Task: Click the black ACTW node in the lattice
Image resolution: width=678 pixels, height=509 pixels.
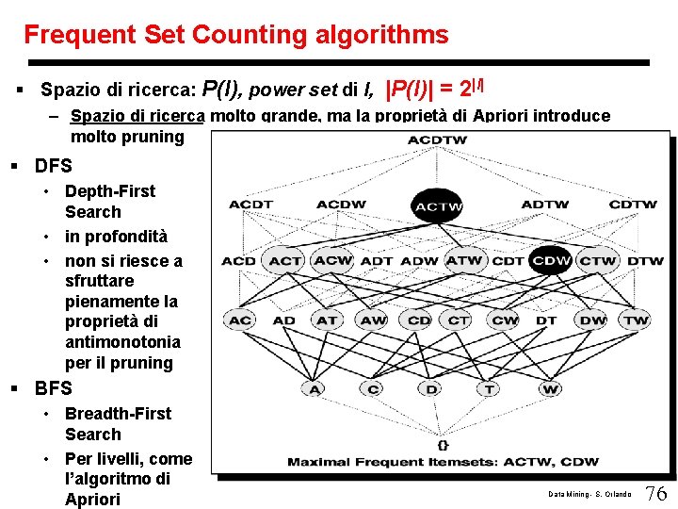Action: (438, 205)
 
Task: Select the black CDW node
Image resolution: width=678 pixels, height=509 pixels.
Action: (552, 260)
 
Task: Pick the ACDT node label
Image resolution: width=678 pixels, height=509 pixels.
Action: (250, 205)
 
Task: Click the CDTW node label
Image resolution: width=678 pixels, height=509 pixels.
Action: (632, 205)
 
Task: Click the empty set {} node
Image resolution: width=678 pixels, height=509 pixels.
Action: (444, 443)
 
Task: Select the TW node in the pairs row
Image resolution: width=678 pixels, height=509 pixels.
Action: (637, 320)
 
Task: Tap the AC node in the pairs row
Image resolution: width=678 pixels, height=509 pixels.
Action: (240, 320)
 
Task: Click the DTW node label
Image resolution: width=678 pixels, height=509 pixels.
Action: (645, 260)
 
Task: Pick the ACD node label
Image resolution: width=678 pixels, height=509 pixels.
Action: (239, 260)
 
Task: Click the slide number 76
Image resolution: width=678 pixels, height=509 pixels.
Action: (656, 493)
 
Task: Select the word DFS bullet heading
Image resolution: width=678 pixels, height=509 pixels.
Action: (54, 167)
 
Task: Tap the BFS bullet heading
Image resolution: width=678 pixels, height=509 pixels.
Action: (54, 388)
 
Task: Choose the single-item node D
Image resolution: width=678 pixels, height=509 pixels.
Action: (431, 388)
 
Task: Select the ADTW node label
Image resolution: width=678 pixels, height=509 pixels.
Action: (545, 205)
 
